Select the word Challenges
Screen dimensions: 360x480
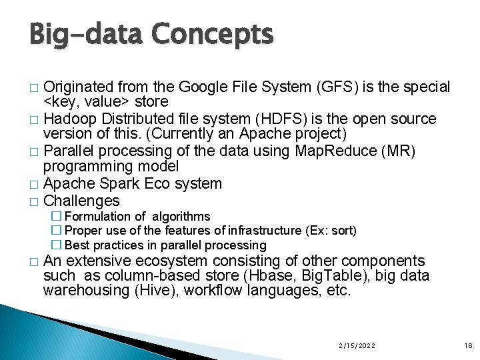(x=81, y=201)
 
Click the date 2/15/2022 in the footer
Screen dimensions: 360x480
(x=356, y=345)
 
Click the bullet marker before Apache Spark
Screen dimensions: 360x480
(x=34, y=185)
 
